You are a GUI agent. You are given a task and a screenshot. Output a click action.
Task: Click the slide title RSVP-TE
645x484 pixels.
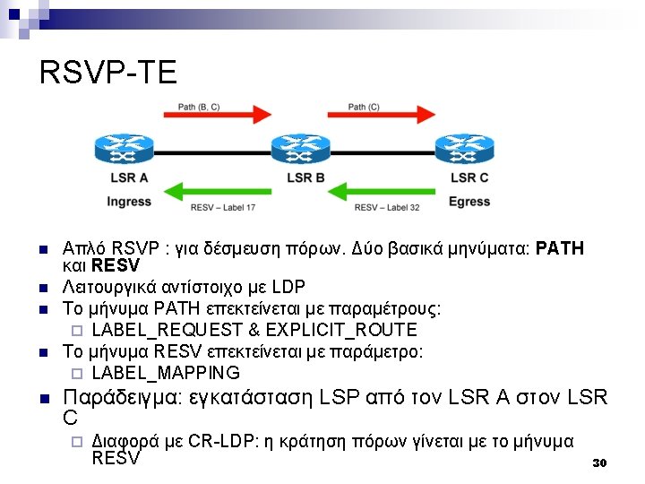click(x=108, y=73)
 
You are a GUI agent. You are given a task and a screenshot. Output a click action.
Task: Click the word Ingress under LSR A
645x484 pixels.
click(x=129, y=202)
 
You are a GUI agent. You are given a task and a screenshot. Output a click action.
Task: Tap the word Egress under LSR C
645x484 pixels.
click(x=469, y=202)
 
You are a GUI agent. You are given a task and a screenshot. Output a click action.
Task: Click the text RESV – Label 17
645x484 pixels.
click(x=223, y=208)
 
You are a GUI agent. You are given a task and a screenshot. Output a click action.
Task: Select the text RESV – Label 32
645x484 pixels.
click(x=387, y=208)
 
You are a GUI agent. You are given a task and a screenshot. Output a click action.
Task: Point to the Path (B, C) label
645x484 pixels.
click(x=199, y=108)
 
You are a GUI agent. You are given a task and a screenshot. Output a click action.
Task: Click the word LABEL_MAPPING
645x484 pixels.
click(x=166, y=373)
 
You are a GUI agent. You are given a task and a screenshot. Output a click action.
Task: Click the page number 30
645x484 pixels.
click(x=600, y=463)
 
